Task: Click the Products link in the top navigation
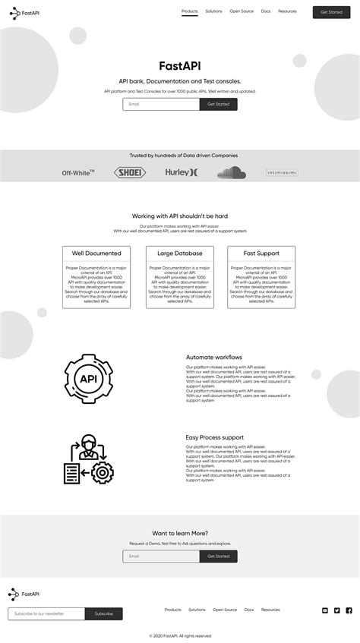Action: [x=190, y=11]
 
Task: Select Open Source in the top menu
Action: [x=242, y=11]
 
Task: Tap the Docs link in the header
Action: [x=266, y=11]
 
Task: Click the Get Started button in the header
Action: [x=331, y=12]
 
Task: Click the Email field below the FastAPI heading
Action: [x=161, y=104]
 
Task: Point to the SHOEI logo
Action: [x=130, y=172]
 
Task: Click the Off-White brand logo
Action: [x=78, y=172]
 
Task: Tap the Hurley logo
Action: [x=182, y=172]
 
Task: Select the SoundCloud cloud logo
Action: [x=232, y=172]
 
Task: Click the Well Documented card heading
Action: [x=96, y=254]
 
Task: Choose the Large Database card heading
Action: [x=180, y=254]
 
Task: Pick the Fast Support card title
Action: [x=261, y=254]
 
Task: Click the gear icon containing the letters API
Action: [x=88, y=378]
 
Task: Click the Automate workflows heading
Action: [x=214, y=357]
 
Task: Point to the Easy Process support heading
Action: [x=215, y=437]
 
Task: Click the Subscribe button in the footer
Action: [x=104, y=613]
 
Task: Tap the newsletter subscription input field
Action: [x=46, y=613]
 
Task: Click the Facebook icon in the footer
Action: [x=349, y=610]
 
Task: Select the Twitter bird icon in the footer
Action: [x=337, y=610]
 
